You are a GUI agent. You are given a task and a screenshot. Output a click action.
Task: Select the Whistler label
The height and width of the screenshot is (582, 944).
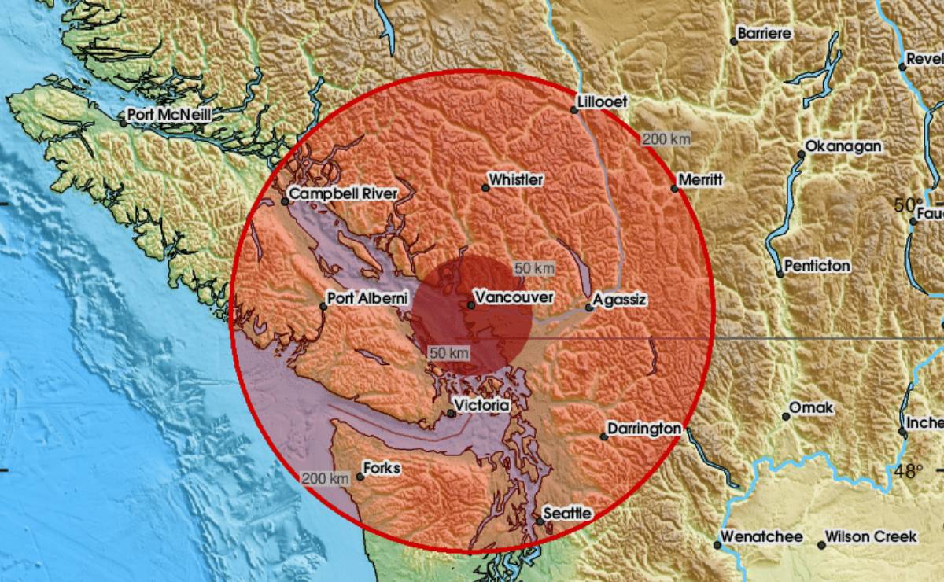click(x=515, y=180)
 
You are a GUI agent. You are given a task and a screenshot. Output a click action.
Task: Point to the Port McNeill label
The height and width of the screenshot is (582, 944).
click(x=170, y=116)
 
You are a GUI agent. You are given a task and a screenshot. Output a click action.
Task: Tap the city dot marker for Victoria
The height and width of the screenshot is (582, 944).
click(x=452, y=413)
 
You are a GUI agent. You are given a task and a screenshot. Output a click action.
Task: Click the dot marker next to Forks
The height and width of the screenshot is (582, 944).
click(x=360, y=476)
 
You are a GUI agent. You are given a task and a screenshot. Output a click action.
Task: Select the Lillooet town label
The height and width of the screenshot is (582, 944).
click(x=602, y=102)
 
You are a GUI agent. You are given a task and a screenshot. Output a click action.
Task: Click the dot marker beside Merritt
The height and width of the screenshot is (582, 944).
click(x=674, y=188)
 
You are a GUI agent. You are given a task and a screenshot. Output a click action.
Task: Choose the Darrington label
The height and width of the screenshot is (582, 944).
click(x=641, y=429)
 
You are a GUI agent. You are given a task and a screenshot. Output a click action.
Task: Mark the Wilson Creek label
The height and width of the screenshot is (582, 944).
click(x=870, y=537)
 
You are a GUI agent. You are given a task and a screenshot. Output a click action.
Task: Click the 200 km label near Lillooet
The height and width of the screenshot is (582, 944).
click(x=666, y=139)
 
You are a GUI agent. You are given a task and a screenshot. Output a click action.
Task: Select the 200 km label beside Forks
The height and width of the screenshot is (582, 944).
click(x=325, y=478)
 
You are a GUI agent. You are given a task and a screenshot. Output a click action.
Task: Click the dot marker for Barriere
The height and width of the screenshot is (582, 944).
click(x=733, y=41)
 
